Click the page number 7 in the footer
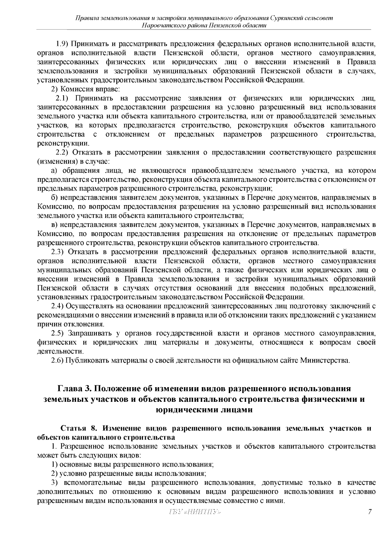pyautogui.click(x=370, y=512)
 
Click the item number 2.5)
pyautogui.click(x=58, y=333)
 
